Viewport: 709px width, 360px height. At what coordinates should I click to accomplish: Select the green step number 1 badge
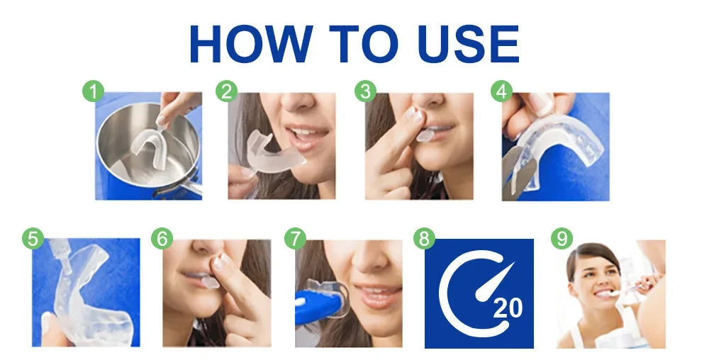click(x=93, y=91)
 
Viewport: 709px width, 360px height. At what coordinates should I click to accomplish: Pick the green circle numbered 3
click(x=365, y=91)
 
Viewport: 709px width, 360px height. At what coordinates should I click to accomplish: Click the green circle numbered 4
click(x=502, y=91)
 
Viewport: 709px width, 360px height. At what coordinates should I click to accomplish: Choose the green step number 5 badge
click(x=32, y=239)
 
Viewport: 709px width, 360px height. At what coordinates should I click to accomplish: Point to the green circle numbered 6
click(x=162, y=239)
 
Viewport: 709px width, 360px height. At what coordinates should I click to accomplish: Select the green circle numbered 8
click(x=424, y=239)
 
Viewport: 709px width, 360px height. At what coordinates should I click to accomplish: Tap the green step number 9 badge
click(x=562, y=239)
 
